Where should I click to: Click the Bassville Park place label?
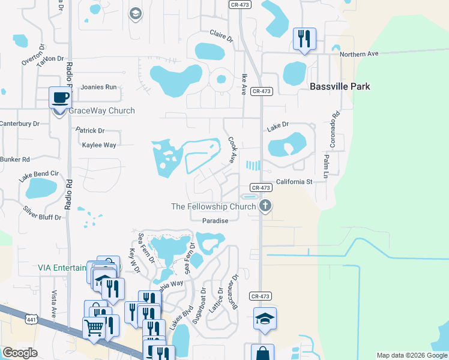[x=340, y=86]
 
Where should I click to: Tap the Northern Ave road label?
[x=359, y=54]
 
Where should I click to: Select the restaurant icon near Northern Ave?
[x=304, y=40]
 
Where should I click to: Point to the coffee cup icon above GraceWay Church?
[x=60, y=97]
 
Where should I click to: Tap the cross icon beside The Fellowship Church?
[x=265, y=206]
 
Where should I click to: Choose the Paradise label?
[x=214, y=221]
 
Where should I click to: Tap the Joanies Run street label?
[x=99, y=87]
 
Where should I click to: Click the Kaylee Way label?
[x=99, y=145]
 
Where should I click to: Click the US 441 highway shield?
[x=29, y=319]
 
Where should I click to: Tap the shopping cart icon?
[x=93, y=328]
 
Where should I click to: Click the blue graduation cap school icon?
[x=265, y=319]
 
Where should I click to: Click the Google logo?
[x=20, y=353]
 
